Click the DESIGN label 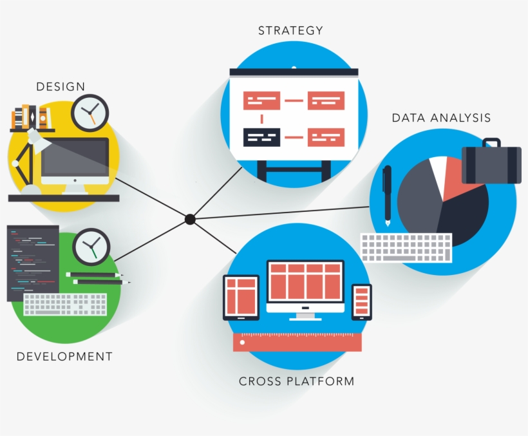(61, 86)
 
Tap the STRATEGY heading (290, 30)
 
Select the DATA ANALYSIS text (441, 118)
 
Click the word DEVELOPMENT (64, 356)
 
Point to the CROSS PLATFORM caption (296, 381)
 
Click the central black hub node (190, 220)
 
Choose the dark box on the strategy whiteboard (262, 137)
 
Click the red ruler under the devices (297, 341)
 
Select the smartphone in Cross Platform (362, 301)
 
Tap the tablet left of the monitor (241, 297)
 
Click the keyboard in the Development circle (65, 305)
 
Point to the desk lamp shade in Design (37, 141)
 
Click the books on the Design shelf (31, 117)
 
